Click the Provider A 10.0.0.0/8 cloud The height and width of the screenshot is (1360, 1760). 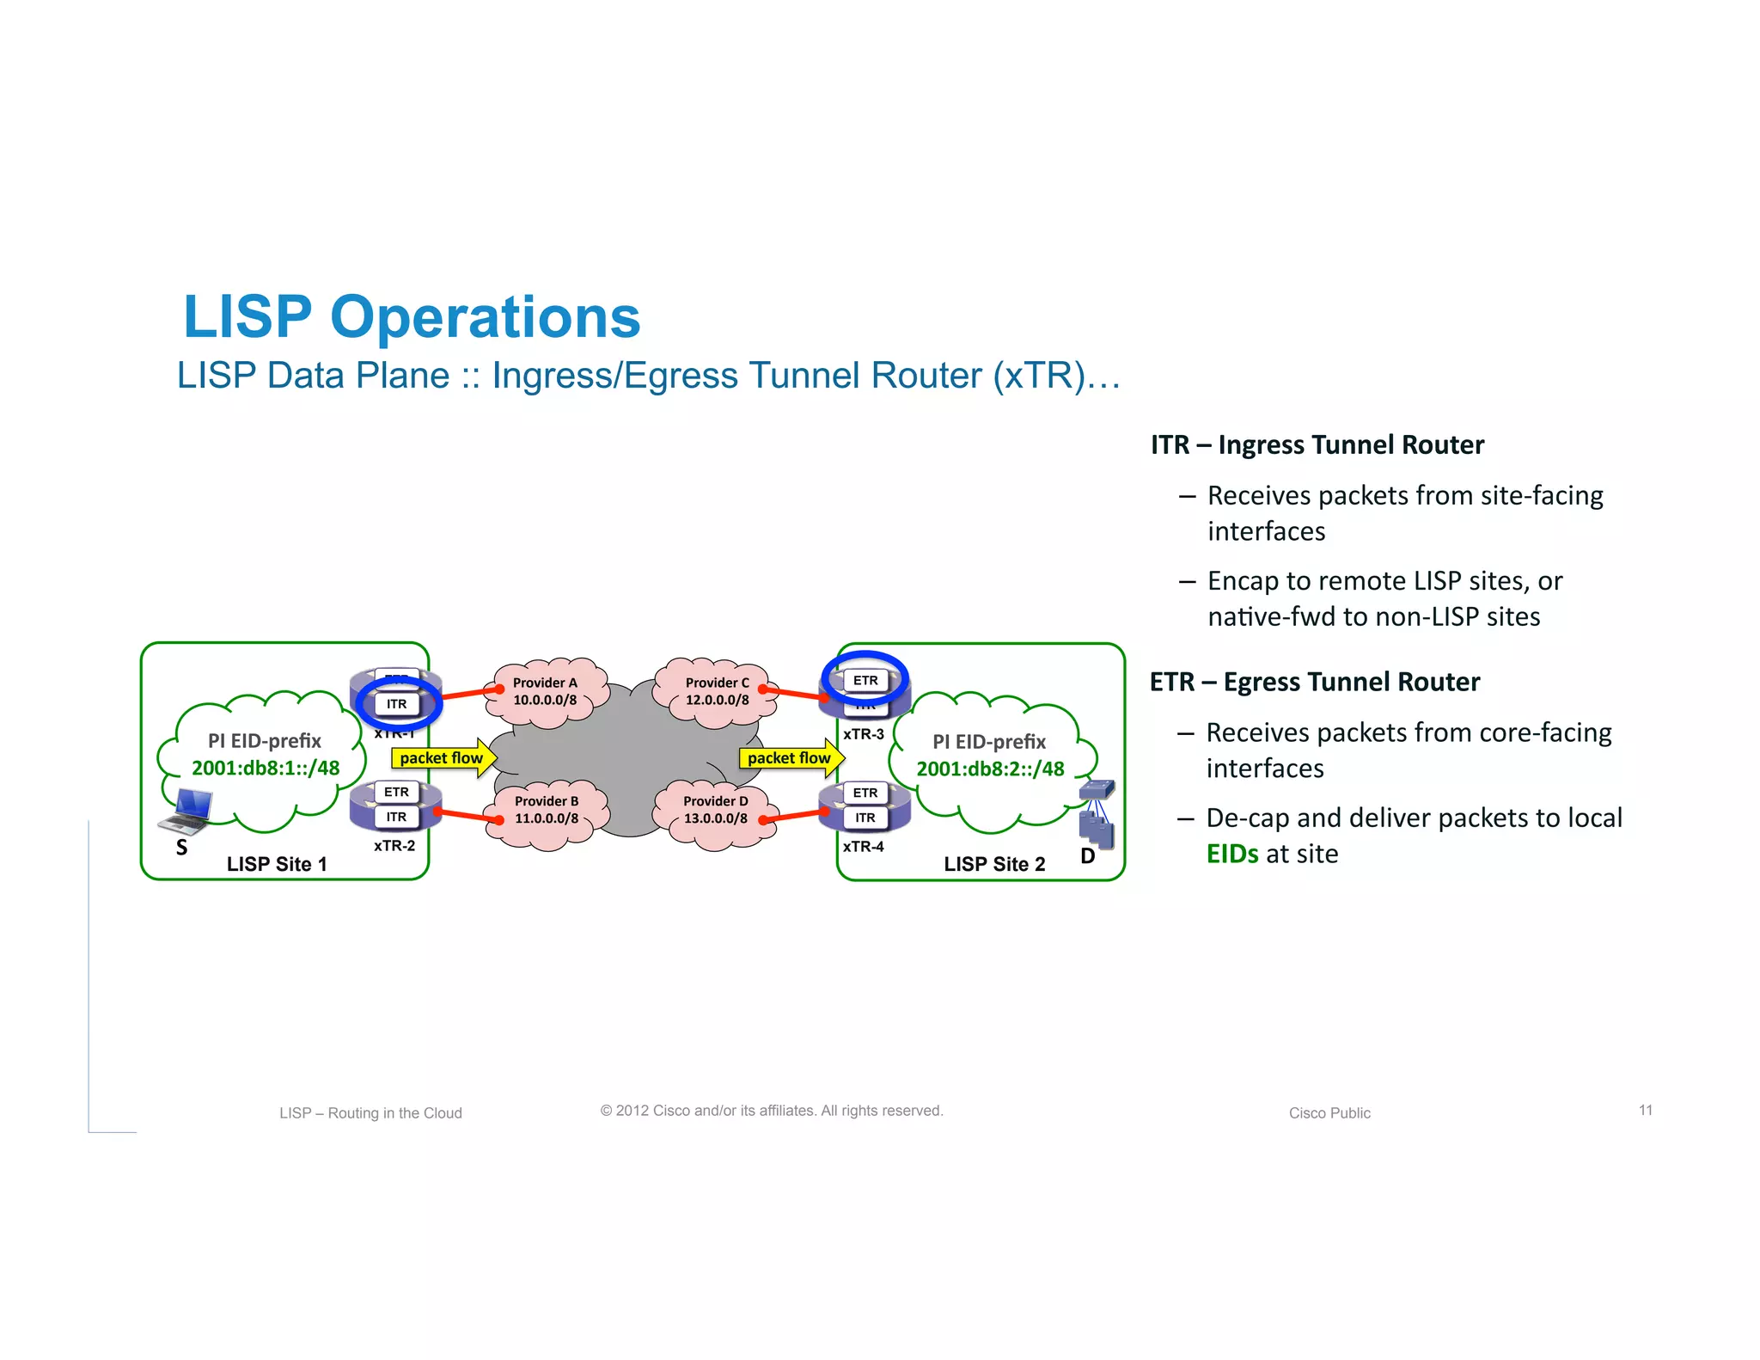545,691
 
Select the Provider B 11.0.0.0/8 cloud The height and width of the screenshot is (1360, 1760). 547,810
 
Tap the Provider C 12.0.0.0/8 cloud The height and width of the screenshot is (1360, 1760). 717,691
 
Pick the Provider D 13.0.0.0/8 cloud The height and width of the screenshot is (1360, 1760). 716,810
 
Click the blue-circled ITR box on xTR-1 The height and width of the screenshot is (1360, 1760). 396,704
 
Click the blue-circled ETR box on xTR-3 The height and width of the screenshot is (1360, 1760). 865,680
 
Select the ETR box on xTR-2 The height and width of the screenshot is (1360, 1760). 396,792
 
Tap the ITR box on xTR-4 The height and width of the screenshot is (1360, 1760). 865,818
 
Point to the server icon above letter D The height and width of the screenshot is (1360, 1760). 1097,814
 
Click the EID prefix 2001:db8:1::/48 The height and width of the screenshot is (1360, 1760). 266,768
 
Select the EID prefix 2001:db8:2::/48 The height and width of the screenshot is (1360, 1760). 990,769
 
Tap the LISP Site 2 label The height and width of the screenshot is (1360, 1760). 994,864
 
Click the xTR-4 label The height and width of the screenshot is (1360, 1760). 863,847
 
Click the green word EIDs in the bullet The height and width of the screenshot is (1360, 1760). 1231,854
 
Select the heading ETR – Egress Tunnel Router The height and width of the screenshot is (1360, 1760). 1314,682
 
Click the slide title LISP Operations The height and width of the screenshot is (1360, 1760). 412,317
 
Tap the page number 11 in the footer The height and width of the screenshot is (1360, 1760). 1645,1110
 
